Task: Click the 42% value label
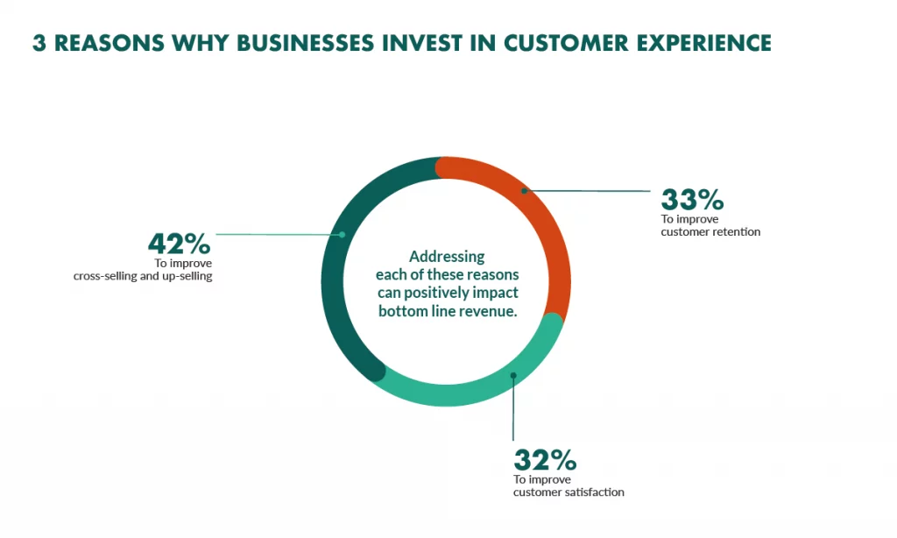point(179,244)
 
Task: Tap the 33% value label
point(692,200)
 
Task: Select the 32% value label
point(545,460)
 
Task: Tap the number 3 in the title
point(39,44)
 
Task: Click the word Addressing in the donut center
point(447,257)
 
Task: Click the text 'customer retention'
point(710,232)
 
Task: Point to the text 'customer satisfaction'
point(569,492)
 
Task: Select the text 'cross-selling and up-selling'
point(143,276)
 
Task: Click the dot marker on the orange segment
point(524,191)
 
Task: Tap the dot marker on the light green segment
point(513,375)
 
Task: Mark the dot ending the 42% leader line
point(343,235)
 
